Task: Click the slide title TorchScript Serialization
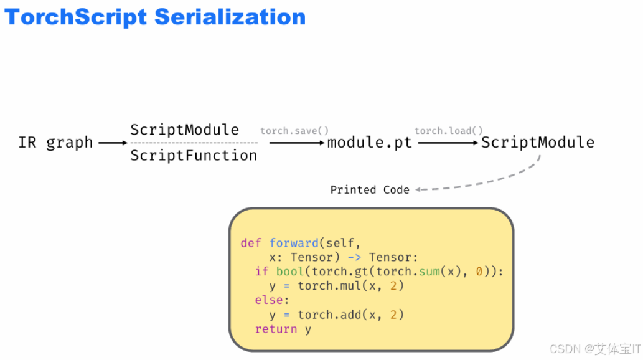[155, 17]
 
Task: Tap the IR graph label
[55, 143]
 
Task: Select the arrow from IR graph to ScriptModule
[113, 143]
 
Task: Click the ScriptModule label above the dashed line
[184, 130]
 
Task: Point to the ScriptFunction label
[194, 156]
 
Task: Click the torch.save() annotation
[294, 131]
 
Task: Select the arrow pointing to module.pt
[298, 143]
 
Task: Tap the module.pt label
[370, 143]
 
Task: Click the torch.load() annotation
[449, 131]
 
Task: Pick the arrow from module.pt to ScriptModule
[448, 143]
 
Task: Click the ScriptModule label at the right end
[538, 143]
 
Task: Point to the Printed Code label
[370, 190]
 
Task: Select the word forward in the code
[294, 243]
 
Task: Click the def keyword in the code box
[251, 243]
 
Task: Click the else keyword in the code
[269, 300]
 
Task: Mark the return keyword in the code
[276, 329]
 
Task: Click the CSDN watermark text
[595, 349]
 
